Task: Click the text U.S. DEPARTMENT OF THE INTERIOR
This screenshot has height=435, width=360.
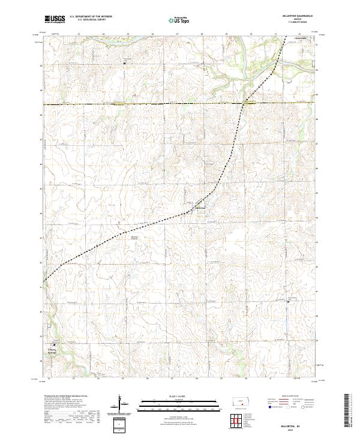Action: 90,16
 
